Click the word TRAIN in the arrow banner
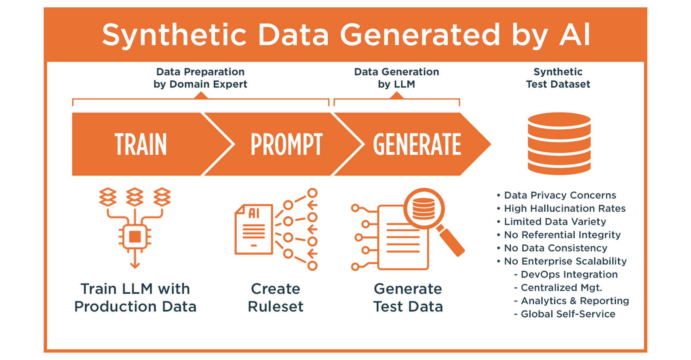pyautogui.click(x=141, y=144)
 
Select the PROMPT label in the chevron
pyautogui.click(x=286, y=144)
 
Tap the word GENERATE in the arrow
pyautogui.click(x=417, y=144)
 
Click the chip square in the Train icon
pyautogui.click(x=135, y=237)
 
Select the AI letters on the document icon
pyautogui.click(x=254, y=213)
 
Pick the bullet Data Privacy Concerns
pyautogui.click(x=560, y=195)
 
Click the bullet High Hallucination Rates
pyautogui.click(x=565, y=208)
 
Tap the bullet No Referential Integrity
pyautogui.click(x=562, y=235)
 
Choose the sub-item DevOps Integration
pyautogui.click(x=569, y=274)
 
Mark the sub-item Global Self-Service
pyautogui.click(x=568, y=314)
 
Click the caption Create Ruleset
pyautogui.click(x=276, y=297)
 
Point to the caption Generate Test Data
pyautogui.click(x=408, y=297)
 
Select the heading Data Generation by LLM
pyautogui.click(x=396, y=78)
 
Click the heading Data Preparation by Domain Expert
pyautogui.click(x=200, y=78)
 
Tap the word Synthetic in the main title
pyautogui.click(x=174, y=35)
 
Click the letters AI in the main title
pyautogui.click(x=575, y=35)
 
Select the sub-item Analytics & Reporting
pyautogui.click(x=575, y=301)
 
